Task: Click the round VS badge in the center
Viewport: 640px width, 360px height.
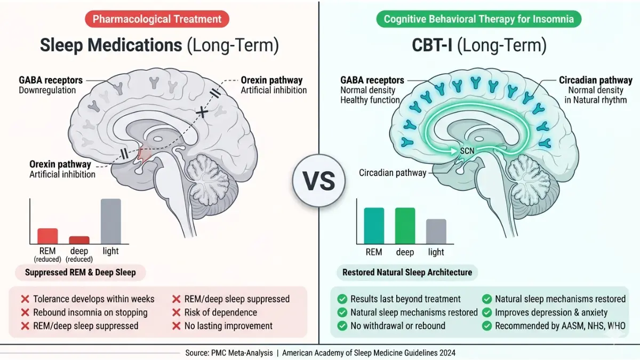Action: pyautogui.click(x=318, y=181)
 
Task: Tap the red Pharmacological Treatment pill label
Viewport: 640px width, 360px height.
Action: pyautogui.click(x=157, y=19)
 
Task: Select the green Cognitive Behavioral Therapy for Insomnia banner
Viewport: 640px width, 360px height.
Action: pyautogui.click(x=478, y=19)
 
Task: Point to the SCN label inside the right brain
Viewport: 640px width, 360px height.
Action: pyautogui.click(x=467, y=150)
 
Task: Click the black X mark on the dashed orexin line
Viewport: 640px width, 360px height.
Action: pyautogui.click(x=202, y=112)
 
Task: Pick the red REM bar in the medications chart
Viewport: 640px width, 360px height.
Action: pyautogui.click(x=47, y=236)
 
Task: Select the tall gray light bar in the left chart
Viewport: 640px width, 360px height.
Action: pyautogui.click(x=111, y=221)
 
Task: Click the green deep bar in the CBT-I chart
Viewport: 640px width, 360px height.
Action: pyautogui.click(x=405, y=226)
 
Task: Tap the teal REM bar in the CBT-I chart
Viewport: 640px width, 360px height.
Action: pyautogui.click(x=374, y=226)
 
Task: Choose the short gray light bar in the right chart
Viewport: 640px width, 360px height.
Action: pyautogui.click(x=436, y=231)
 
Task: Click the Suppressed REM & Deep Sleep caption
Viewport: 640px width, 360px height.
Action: pyautogui.click(x=81, y=273)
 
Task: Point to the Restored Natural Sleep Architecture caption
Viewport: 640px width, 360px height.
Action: pyautogui.click(x=407, y=273)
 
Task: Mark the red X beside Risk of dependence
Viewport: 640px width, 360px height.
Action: pyautogui.click(x=177, y=313)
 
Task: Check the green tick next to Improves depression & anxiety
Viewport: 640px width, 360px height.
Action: pyautogui.click(x=487, y=313)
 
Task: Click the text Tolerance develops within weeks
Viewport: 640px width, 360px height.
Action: pyautogui.click(x=94, y=299)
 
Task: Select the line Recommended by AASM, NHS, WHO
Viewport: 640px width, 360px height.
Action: pyautogui.click(x=561, y=326)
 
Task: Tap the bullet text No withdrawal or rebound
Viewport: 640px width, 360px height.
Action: pyautogui.click(x=398, y=326)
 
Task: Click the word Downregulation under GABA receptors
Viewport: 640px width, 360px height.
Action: pyautogui.click(x=47, y=90)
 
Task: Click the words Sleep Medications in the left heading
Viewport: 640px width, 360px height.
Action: pyautogui.click(x=111, y=45)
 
